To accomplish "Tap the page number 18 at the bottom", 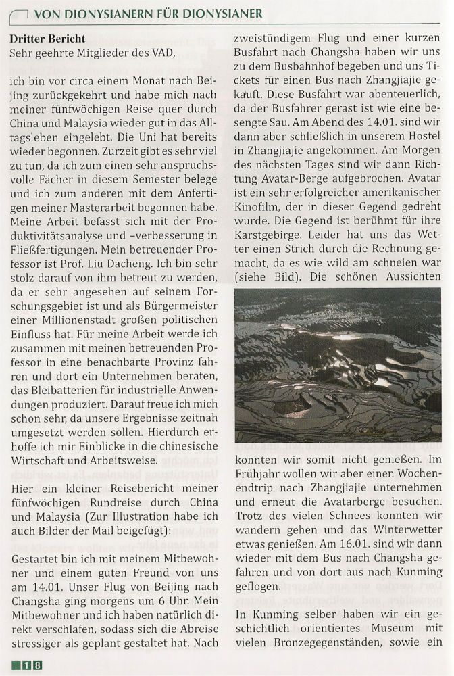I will tap(31, 665).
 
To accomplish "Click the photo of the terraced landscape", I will tap(338, 365).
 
